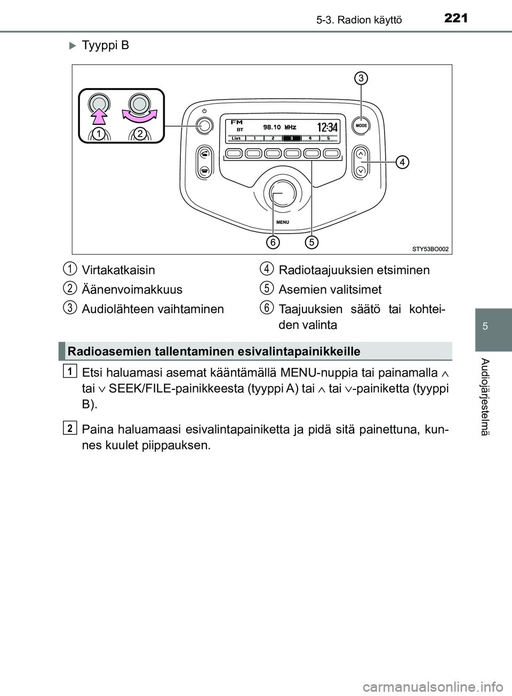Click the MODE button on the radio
point(361,127)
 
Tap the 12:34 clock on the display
point(326,127)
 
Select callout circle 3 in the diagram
point(361,78)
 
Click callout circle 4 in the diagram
point(402,161)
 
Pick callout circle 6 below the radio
point(272,242)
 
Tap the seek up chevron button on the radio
point(361,153)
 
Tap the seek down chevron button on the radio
point(361,171)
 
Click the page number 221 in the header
point(454,19)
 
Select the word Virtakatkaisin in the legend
point(118,270)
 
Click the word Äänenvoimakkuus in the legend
point(132,290)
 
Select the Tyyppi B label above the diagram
point(105,45)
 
